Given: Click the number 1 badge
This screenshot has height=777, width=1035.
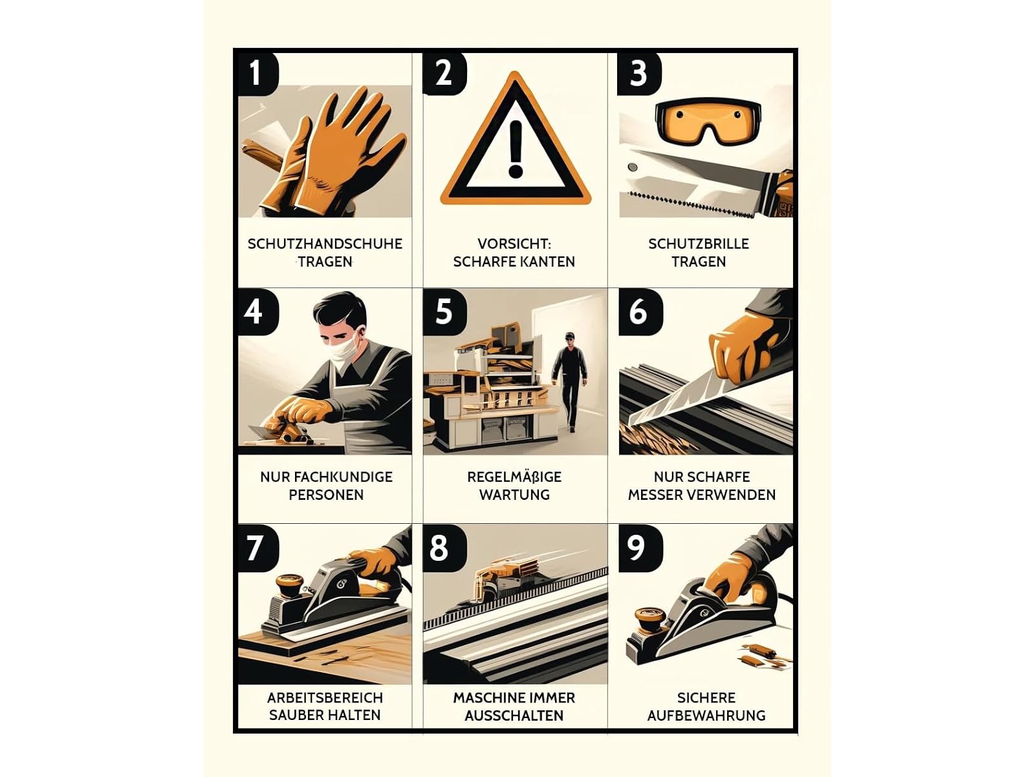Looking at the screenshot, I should pos(257,73).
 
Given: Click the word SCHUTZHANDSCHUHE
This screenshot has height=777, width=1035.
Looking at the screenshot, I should pos(325,244).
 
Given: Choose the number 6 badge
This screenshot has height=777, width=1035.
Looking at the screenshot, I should pos(638,312).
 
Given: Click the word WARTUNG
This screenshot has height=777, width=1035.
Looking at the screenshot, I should pos(514,495).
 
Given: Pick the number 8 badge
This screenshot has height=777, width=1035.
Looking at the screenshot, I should pos(440,548).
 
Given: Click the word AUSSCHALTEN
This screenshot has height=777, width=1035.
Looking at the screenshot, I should pos(514,715).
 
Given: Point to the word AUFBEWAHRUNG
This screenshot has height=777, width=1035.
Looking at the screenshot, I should pos(706,715).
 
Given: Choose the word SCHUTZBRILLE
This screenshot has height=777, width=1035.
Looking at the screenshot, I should pos(699,244).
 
